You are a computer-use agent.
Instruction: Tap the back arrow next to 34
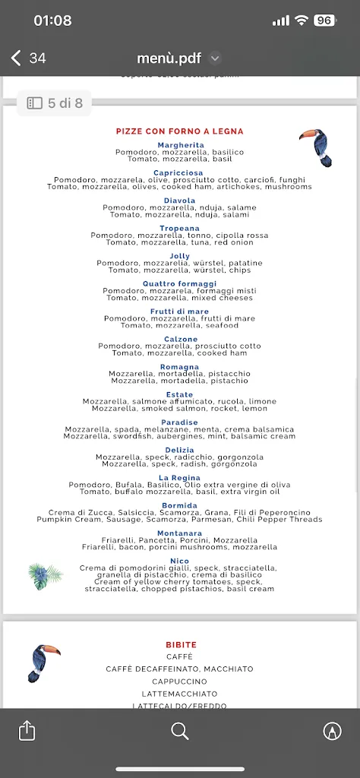point(16,58)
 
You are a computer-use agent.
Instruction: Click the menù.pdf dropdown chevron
point(215,58)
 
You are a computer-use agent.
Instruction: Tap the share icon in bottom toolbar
point(27,731)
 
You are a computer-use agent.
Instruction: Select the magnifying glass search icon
point(180,731)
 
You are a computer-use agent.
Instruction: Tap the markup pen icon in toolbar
point(332,731)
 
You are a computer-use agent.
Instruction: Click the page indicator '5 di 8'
point(55,103)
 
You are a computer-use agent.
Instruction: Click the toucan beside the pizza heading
point(316,147)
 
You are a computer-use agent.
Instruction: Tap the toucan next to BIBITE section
point(43,663)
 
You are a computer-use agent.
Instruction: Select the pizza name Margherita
point(181,145)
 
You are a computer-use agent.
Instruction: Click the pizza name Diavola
point(179,201)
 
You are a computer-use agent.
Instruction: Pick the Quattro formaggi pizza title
point(179,284)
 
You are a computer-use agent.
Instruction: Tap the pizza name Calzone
point(181,340)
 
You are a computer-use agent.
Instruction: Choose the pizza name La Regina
point(179,478)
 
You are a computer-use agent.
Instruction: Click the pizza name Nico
point(179,561)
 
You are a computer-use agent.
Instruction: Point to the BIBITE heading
point(181,644)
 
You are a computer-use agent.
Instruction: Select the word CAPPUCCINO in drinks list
point(179,682)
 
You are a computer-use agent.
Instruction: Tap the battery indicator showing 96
point(324,21)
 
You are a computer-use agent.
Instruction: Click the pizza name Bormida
point(179,505)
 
